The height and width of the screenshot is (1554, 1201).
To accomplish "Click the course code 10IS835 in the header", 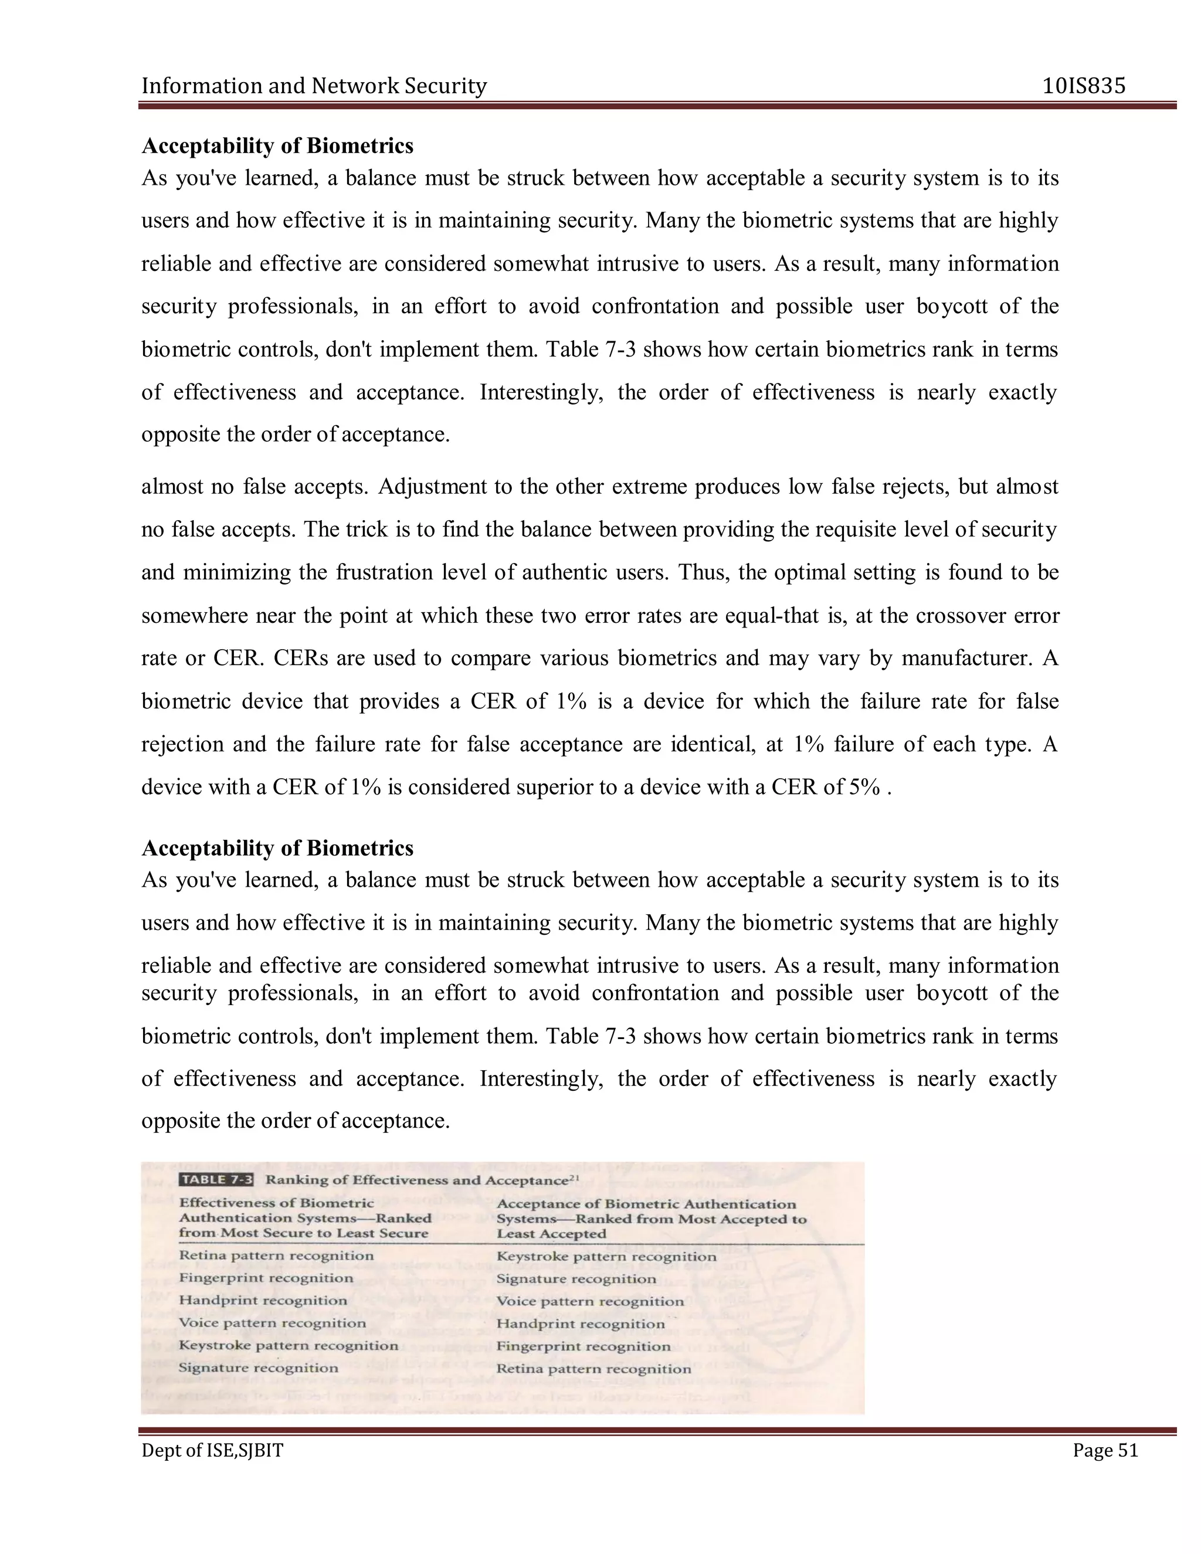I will (1084, 86).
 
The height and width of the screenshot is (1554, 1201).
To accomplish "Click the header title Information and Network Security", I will (314, 86).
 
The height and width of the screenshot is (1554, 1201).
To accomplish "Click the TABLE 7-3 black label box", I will (216, 1180).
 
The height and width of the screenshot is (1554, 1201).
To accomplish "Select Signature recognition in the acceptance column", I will (576, 1278).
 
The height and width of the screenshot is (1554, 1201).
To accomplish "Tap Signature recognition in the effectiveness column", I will (258, 1368).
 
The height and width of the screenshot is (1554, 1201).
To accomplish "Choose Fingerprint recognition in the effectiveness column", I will (266, 1278).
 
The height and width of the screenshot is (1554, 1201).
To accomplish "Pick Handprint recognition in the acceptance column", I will (581, 1324).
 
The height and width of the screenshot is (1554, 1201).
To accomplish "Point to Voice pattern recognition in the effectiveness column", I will (273, 1323).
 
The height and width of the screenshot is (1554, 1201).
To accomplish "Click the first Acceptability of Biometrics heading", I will (277, 146).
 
